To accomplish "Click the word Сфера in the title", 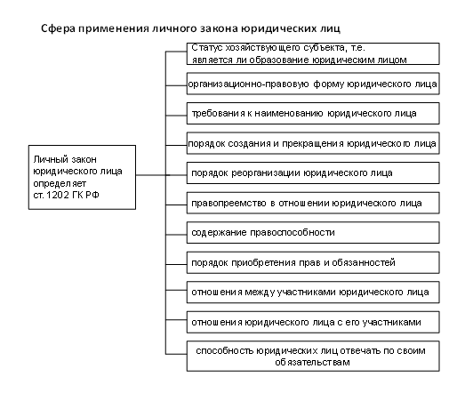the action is (x=58, y=28).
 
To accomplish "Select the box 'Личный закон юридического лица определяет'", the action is (x=82, y=177).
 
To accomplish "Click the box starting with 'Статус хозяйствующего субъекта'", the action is (x=313, y=53).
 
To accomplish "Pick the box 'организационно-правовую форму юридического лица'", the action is (x=313, y=84).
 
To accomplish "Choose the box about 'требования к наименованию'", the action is (x=313, y=113).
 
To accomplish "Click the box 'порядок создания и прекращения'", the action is (x=313, y=143).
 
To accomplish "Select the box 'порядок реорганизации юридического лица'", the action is (x=313, y=172).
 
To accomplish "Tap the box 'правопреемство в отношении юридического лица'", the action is (x=313, y=203).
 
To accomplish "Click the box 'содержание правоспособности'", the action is (x=313, y=233).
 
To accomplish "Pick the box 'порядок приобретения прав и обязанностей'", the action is (x=313, y=262).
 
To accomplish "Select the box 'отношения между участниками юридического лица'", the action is (x=313, y=293).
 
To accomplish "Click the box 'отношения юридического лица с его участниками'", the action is (x=313, y=322).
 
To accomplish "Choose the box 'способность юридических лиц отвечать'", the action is (x=313, y=357).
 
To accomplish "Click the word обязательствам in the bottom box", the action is (x=312, y=363).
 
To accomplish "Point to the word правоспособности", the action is (x=293, y=233).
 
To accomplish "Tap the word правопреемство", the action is (x=228, y=204).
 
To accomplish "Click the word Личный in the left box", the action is (x=48, y=159).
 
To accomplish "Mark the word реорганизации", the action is (x=266, y=173).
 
